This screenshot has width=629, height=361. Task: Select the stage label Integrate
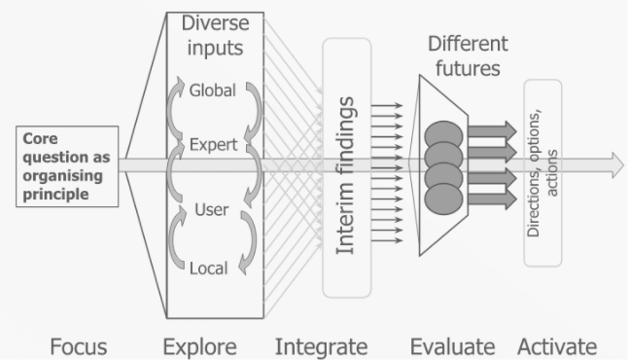(322, 345)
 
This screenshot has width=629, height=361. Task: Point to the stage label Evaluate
(452, 345)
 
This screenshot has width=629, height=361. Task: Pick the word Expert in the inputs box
(211, 147)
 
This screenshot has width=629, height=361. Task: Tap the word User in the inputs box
(211, 209)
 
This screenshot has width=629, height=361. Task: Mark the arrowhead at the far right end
(616, 164)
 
